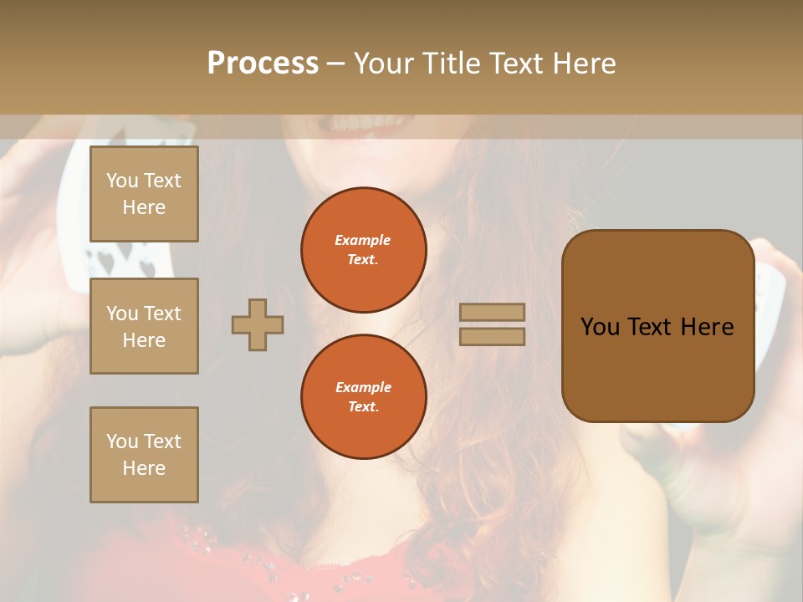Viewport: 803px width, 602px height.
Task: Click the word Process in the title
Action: pyautogui.click(x=263, y=64)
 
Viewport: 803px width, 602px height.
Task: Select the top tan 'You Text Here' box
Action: pyautogui.click(x=144, y=194)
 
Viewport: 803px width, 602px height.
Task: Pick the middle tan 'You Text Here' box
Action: pyautogui.click(x=144, y=326)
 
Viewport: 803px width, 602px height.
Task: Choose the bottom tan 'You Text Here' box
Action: pyautogui.click(x=144, y=455)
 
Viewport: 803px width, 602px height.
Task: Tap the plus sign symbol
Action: pyautogui.click(x=258, y=324)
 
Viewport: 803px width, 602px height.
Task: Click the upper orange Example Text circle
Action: pyautogui.click(x=364, y=250)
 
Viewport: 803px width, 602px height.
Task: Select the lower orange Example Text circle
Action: pyautogui.click(x=364, y=397)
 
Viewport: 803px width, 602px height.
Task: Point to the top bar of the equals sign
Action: pyautogui.click(x=493, y=312)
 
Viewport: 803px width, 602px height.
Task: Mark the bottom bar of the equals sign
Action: pyautogui.click(x=493, y=336)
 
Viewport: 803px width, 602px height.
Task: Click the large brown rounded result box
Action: pyautogui.click(x=657, y=326)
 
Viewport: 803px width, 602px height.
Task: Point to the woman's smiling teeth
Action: pyautogui.click(x=356, y=124)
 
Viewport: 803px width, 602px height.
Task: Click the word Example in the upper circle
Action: pyautogui.click(x=363, y=241)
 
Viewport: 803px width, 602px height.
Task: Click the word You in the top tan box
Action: pyautogui.click(x=122, y=181)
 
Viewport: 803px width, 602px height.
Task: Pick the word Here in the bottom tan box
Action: pyautogui.click(x=144, y=468)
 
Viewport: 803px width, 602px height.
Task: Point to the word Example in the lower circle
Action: pyautogui.click(x=363, y=388)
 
